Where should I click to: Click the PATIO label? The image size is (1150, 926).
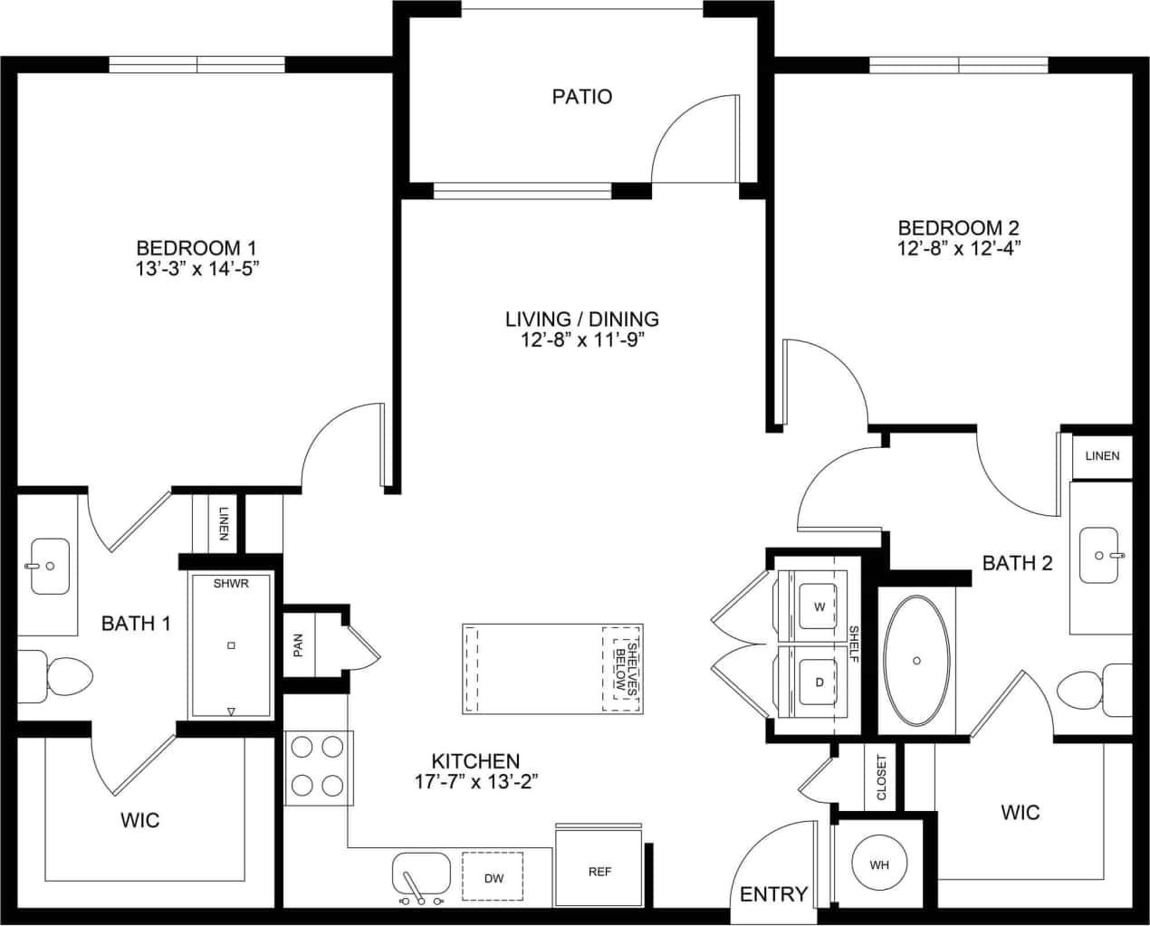click(582, 96)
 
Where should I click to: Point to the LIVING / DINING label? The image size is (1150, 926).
click(581, 319)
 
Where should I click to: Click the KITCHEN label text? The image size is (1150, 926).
click(475, 761)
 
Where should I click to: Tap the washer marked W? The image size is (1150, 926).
click(819, 606)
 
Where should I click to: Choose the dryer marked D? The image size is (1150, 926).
click(819, 683)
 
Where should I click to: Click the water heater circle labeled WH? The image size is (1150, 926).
click(878, 864)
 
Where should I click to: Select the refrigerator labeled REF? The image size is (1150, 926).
click(599, 871)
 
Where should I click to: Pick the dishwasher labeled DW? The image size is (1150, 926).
click(494, 878)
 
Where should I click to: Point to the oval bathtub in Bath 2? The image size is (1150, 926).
click(917, 661)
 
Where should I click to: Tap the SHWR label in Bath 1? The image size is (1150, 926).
click(231, 584)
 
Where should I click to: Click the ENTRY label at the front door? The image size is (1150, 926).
click(773, 894)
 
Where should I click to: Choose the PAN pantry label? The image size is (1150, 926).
click(298, 644)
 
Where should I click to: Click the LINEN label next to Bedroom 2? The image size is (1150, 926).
click(1102, 455)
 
